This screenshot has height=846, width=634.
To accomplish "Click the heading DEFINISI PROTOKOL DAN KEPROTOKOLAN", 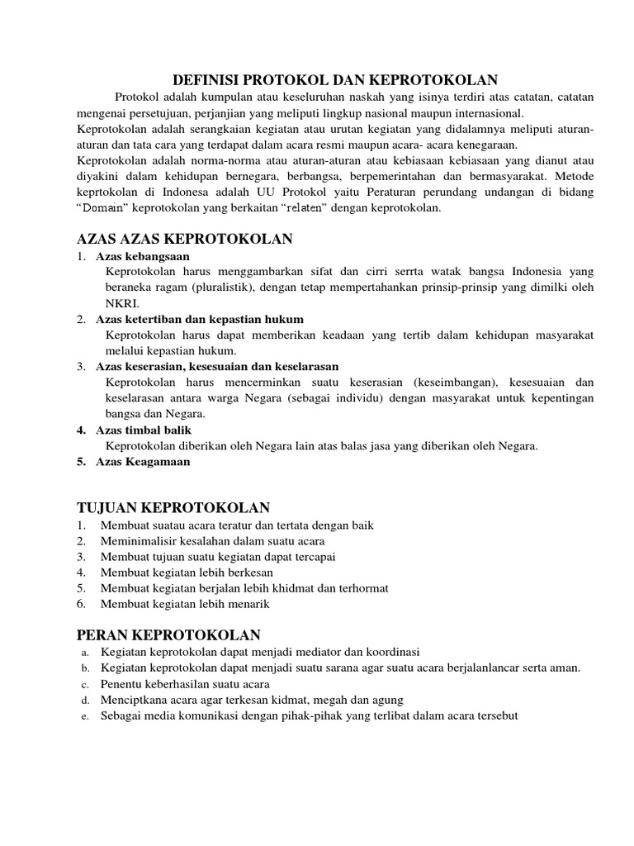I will click(x=334, y=80).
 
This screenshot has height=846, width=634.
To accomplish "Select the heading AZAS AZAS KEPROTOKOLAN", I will click(x=184, y=240).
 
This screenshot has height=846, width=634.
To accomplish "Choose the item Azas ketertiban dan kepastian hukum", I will click(x=200, y=319).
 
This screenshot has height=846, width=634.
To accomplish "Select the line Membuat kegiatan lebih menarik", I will click(x=185, y=604).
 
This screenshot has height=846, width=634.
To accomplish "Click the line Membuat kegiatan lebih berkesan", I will click(x=187, y=572).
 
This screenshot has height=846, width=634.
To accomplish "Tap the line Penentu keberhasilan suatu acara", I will click(x=185, y=684).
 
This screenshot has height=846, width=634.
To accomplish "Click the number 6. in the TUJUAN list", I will click(x=82, y=604).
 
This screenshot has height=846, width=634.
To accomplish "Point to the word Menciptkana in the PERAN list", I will click(x=135, y=700).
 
